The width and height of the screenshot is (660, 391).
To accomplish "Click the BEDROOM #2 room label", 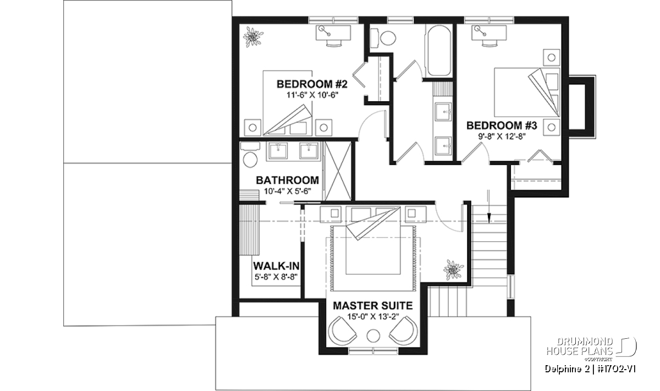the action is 312,84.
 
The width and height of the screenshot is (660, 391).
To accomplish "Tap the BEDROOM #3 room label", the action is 502,125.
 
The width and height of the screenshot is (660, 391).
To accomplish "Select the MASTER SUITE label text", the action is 373,306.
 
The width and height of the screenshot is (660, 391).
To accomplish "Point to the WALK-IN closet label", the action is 276,266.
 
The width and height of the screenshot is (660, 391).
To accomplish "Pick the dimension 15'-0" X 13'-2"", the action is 373,317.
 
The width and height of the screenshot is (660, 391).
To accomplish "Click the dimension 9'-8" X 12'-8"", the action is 502,137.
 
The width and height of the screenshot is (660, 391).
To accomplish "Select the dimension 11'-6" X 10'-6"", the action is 312,95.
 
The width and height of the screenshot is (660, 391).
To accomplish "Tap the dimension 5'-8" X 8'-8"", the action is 276,277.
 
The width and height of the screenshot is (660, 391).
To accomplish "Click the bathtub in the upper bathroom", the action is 439,51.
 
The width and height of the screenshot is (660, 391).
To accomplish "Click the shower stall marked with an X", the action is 338,171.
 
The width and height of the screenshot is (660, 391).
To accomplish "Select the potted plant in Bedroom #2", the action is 253,37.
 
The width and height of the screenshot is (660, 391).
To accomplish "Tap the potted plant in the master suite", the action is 453,269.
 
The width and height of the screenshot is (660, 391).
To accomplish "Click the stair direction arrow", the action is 489,207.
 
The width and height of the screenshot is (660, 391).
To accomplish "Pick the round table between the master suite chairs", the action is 373,335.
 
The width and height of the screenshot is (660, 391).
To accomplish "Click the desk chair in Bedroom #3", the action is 490,43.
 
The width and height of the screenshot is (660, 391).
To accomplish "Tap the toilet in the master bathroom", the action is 250,155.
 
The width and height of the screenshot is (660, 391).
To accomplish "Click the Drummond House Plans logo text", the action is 580,347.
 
